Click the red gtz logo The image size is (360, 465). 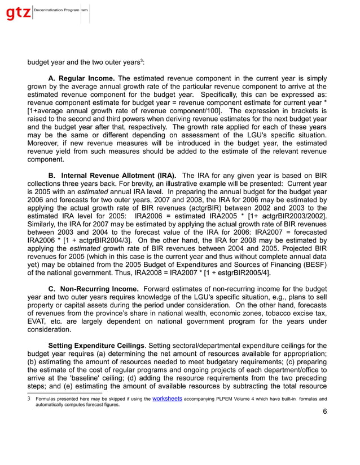pos(18,13)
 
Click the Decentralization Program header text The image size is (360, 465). pos(56,11)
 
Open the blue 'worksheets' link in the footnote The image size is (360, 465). pos(167,399)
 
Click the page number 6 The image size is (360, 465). pos(324,411)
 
